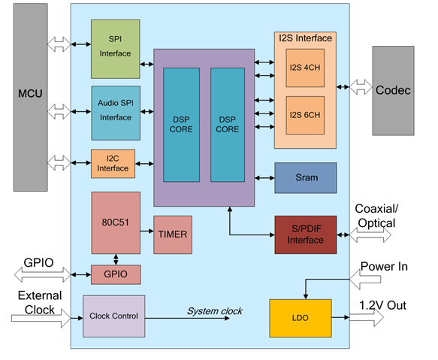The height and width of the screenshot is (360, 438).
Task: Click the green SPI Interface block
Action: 116,49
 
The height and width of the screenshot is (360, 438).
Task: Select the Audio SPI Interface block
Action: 116,113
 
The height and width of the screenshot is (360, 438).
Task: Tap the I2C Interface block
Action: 113,164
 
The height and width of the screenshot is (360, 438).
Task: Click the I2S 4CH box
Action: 305,68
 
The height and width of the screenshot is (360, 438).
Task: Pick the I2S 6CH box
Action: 305,115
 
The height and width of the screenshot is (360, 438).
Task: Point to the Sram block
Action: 306,178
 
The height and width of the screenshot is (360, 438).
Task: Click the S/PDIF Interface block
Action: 306,234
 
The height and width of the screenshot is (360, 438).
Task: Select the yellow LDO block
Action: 301,318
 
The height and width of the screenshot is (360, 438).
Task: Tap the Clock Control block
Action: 114,316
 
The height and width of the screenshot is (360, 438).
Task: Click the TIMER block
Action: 173,234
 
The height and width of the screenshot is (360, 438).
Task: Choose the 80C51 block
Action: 116,222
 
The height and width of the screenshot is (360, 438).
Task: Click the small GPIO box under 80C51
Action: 116,274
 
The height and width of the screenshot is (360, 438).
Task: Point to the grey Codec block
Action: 394,90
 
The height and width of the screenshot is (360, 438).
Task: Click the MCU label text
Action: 30,93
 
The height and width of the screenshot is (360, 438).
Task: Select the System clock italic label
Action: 215,311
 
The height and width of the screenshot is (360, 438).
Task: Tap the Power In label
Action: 384,266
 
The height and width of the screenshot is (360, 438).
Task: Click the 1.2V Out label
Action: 382,305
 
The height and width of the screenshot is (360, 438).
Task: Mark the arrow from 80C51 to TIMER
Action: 147,231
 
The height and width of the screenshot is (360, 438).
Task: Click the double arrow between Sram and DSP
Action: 264,178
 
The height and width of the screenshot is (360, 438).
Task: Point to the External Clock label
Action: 40,303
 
